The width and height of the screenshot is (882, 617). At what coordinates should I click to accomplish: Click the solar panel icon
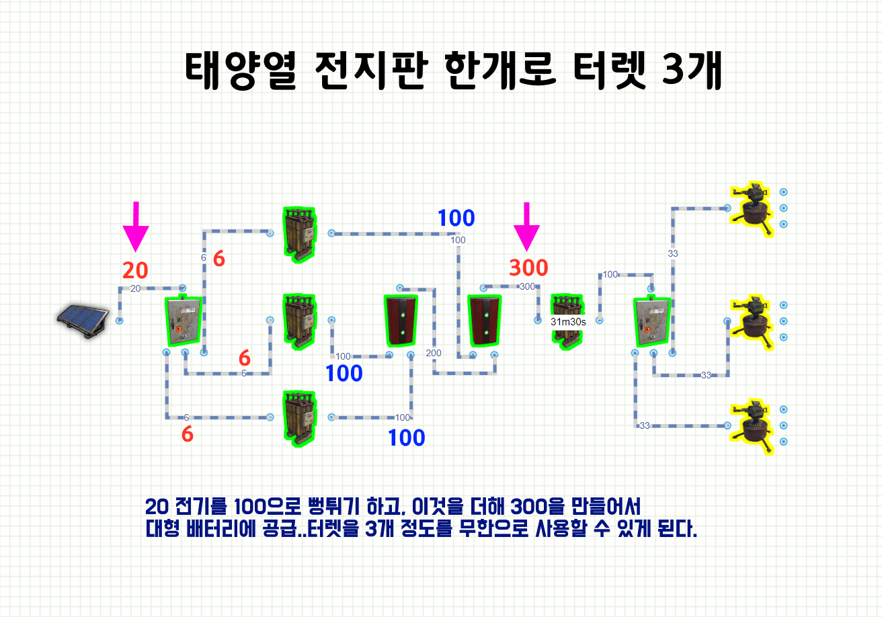coord(81,321)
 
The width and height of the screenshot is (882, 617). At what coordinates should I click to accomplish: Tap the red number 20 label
coord(135,270)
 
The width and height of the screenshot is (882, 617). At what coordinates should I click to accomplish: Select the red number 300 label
coord(528,268)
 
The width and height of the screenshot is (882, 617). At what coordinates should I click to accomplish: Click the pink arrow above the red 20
coord(136,226)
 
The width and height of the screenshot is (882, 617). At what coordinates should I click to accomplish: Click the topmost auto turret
coord(753,208)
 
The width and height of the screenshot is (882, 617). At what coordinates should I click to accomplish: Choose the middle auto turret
coord(753,321)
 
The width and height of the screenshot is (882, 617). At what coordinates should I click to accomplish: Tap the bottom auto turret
coord(753,425)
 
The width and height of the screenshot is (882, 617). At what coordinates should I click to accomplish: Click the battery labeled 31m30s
coord(568,321)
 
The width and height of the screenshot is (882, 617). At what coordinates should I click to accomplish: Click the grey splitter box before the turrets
coord(652,322)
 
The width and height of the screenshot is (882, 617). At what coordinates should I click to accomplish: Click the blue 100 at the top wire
coord(456,218)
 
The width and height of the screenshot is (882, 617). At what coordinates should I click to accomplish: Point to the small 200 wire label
coord(434,354)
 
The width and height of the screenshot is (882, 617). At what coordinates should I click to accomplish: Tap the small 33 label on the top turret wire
coord(673,253)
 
